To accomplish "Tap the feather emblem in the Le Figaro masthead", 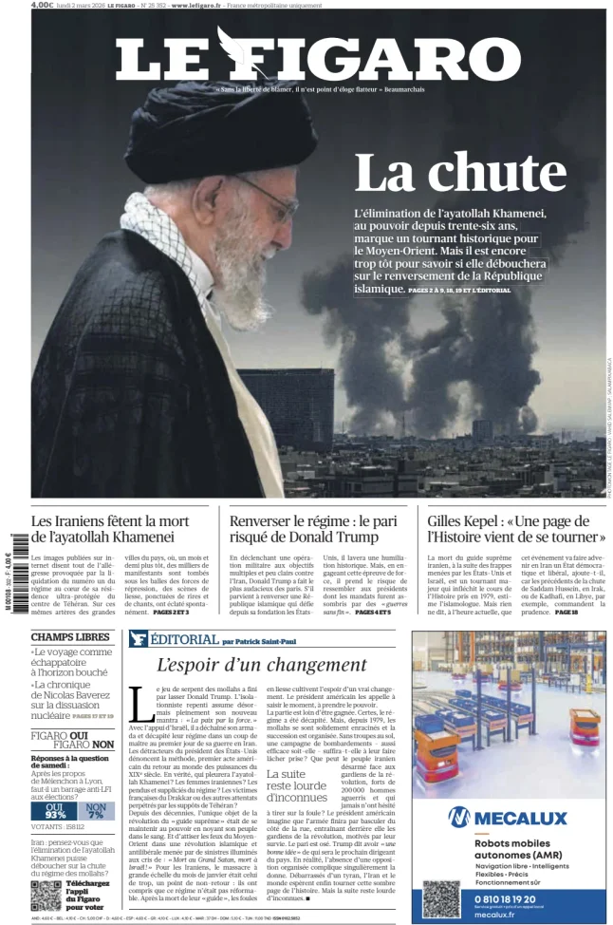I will click(232, 50).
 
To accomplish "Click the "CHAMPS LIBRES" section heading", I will click(70, 637).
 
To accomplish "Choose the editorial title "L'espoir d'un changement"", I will click(261, 665).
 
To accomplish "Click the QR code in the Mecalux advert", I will click(440, 897).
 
